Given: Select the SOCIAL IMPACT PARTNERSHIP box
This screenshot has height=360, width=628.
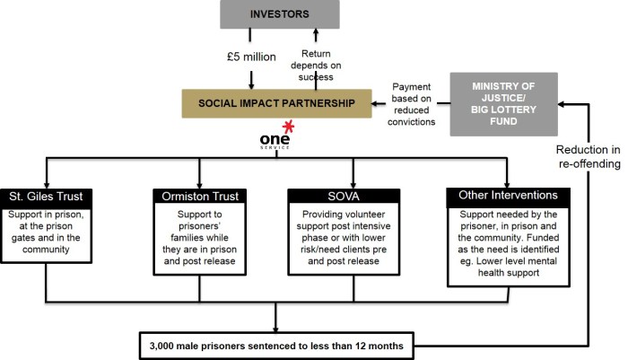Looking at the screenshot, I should click(277, 103).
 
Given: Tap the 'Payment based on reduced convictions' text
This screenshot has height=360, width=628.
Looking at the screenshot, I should click(414, 102).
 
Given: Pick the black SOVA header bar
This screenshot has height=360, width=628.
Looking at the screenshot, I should click(351, 196).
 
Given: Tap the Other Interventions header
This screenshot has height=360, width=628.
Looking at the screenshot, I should click(507, 196).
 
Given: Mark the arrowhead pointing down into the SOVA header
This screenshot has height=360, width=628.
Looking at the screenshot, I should click(351, 182).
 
